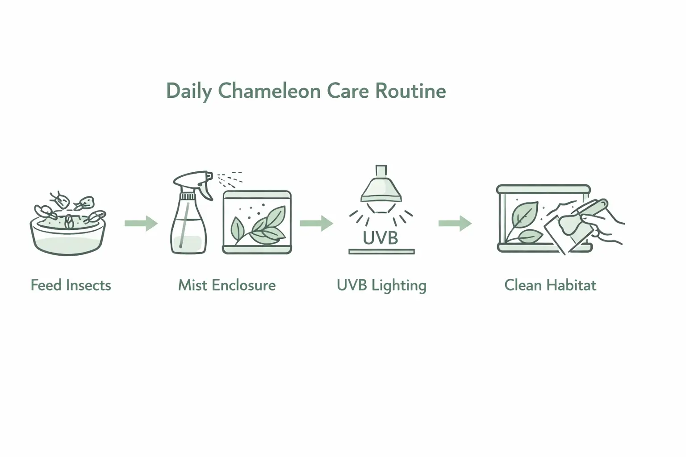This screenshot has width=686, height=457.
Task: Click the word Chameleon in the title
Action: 269,91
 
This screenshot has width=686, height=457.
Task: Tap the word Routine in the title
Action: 410,91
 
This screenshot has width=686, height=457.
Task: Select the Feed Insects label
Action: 71,285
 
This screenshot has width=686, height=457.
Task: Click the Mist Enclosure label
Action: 227,285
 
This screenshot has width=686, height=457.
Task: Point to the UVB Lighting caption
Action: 381,286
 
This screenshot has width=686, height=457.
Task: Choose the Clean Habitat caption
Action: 550,285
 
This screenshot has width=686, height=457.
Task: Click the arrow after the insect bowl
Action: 141,223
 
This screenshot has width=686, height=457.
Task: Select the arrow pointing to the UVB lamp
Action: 316,223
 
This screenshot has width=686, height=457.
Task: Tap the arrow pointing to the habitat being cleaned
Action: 455,223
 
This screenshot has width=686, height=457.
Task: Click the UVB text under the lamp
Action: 381,238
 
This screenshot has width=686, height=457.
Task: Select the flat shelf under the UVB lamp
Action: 381,252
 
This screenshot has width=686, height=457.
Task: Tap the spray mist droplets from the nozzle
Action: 230,178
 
